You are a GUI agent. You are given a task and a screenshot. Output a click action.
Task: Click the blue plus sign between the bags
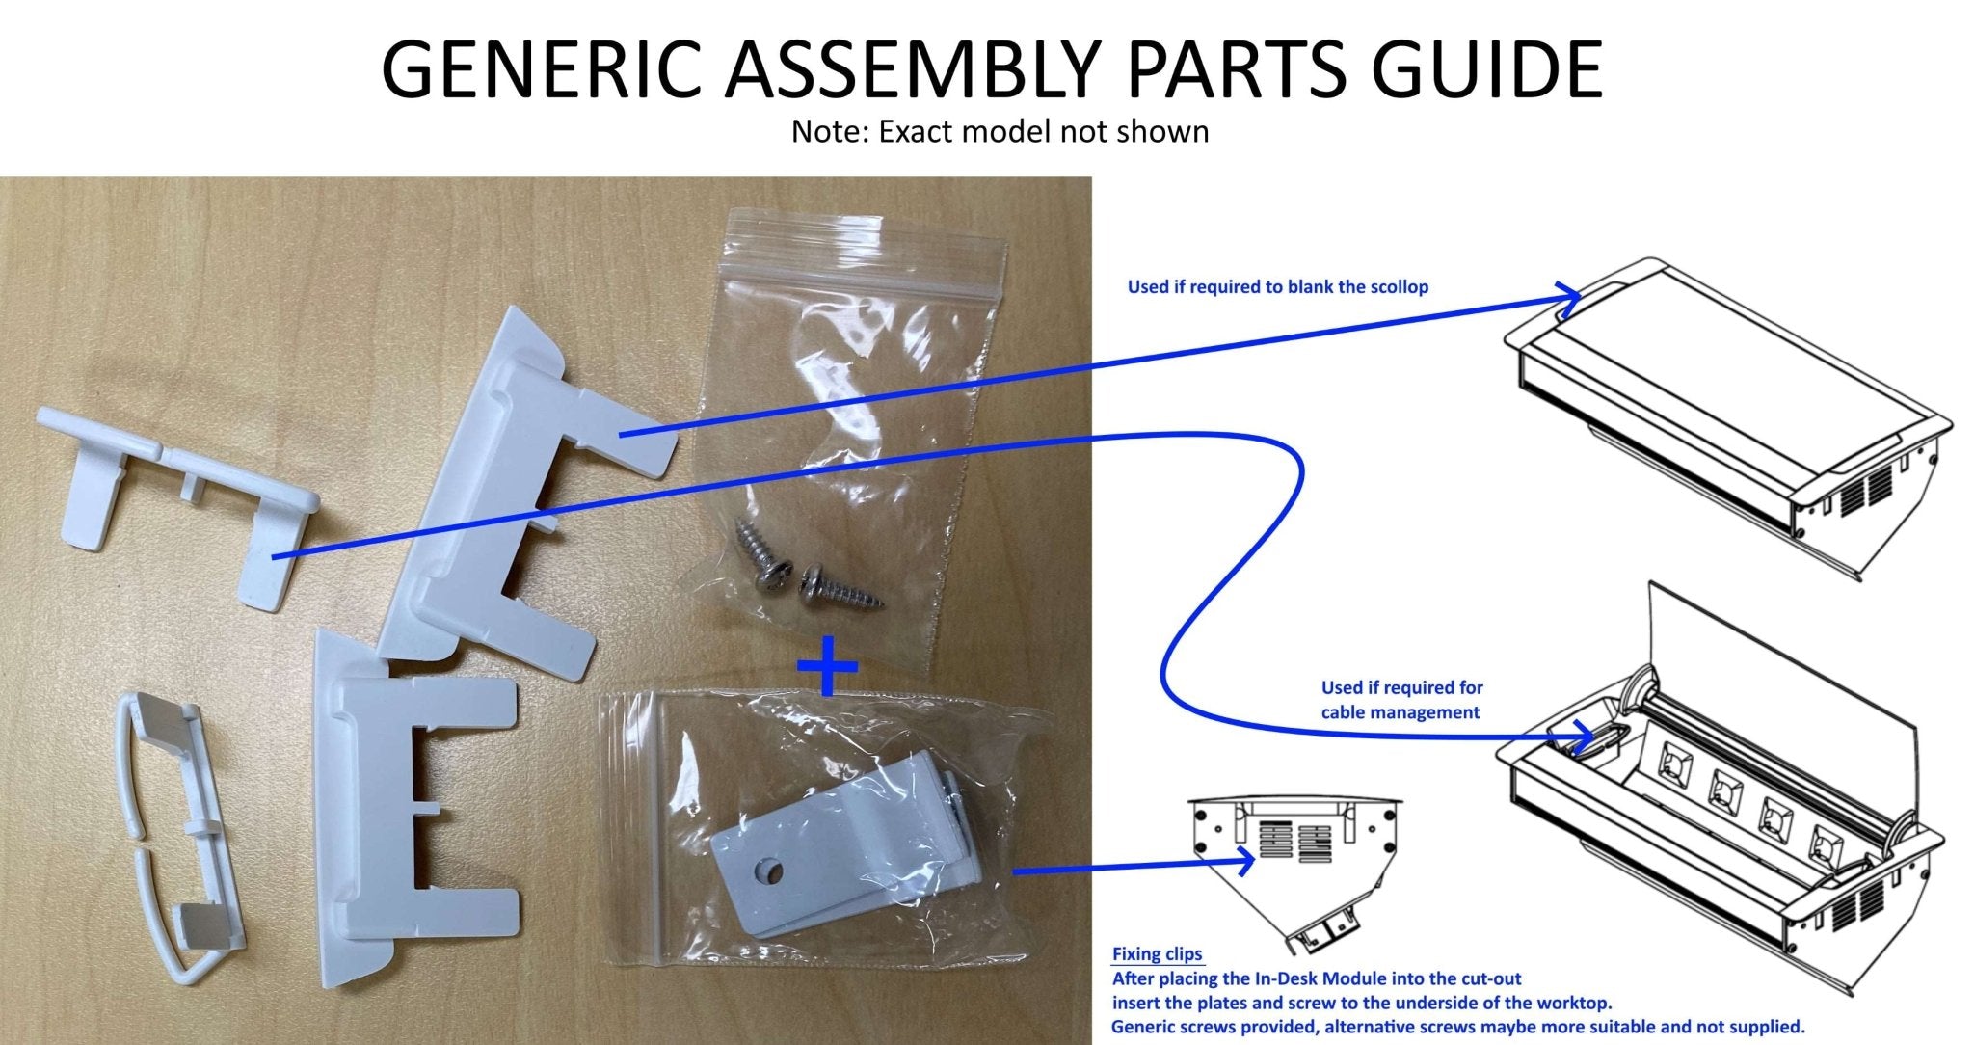[828, 664]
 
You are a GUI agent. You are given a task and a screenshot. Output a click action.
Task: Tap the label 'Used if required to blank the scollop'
[1277, 287]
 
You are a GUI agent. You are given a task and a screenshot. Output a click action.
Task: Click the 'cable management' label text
[1400, 712]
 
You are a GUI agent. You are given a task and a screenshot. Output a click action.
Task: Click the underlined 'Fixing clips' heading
[1157, 954]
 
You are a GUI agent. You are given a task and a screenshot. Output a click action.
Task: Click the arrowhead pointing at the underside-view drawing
[1246, 861]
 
